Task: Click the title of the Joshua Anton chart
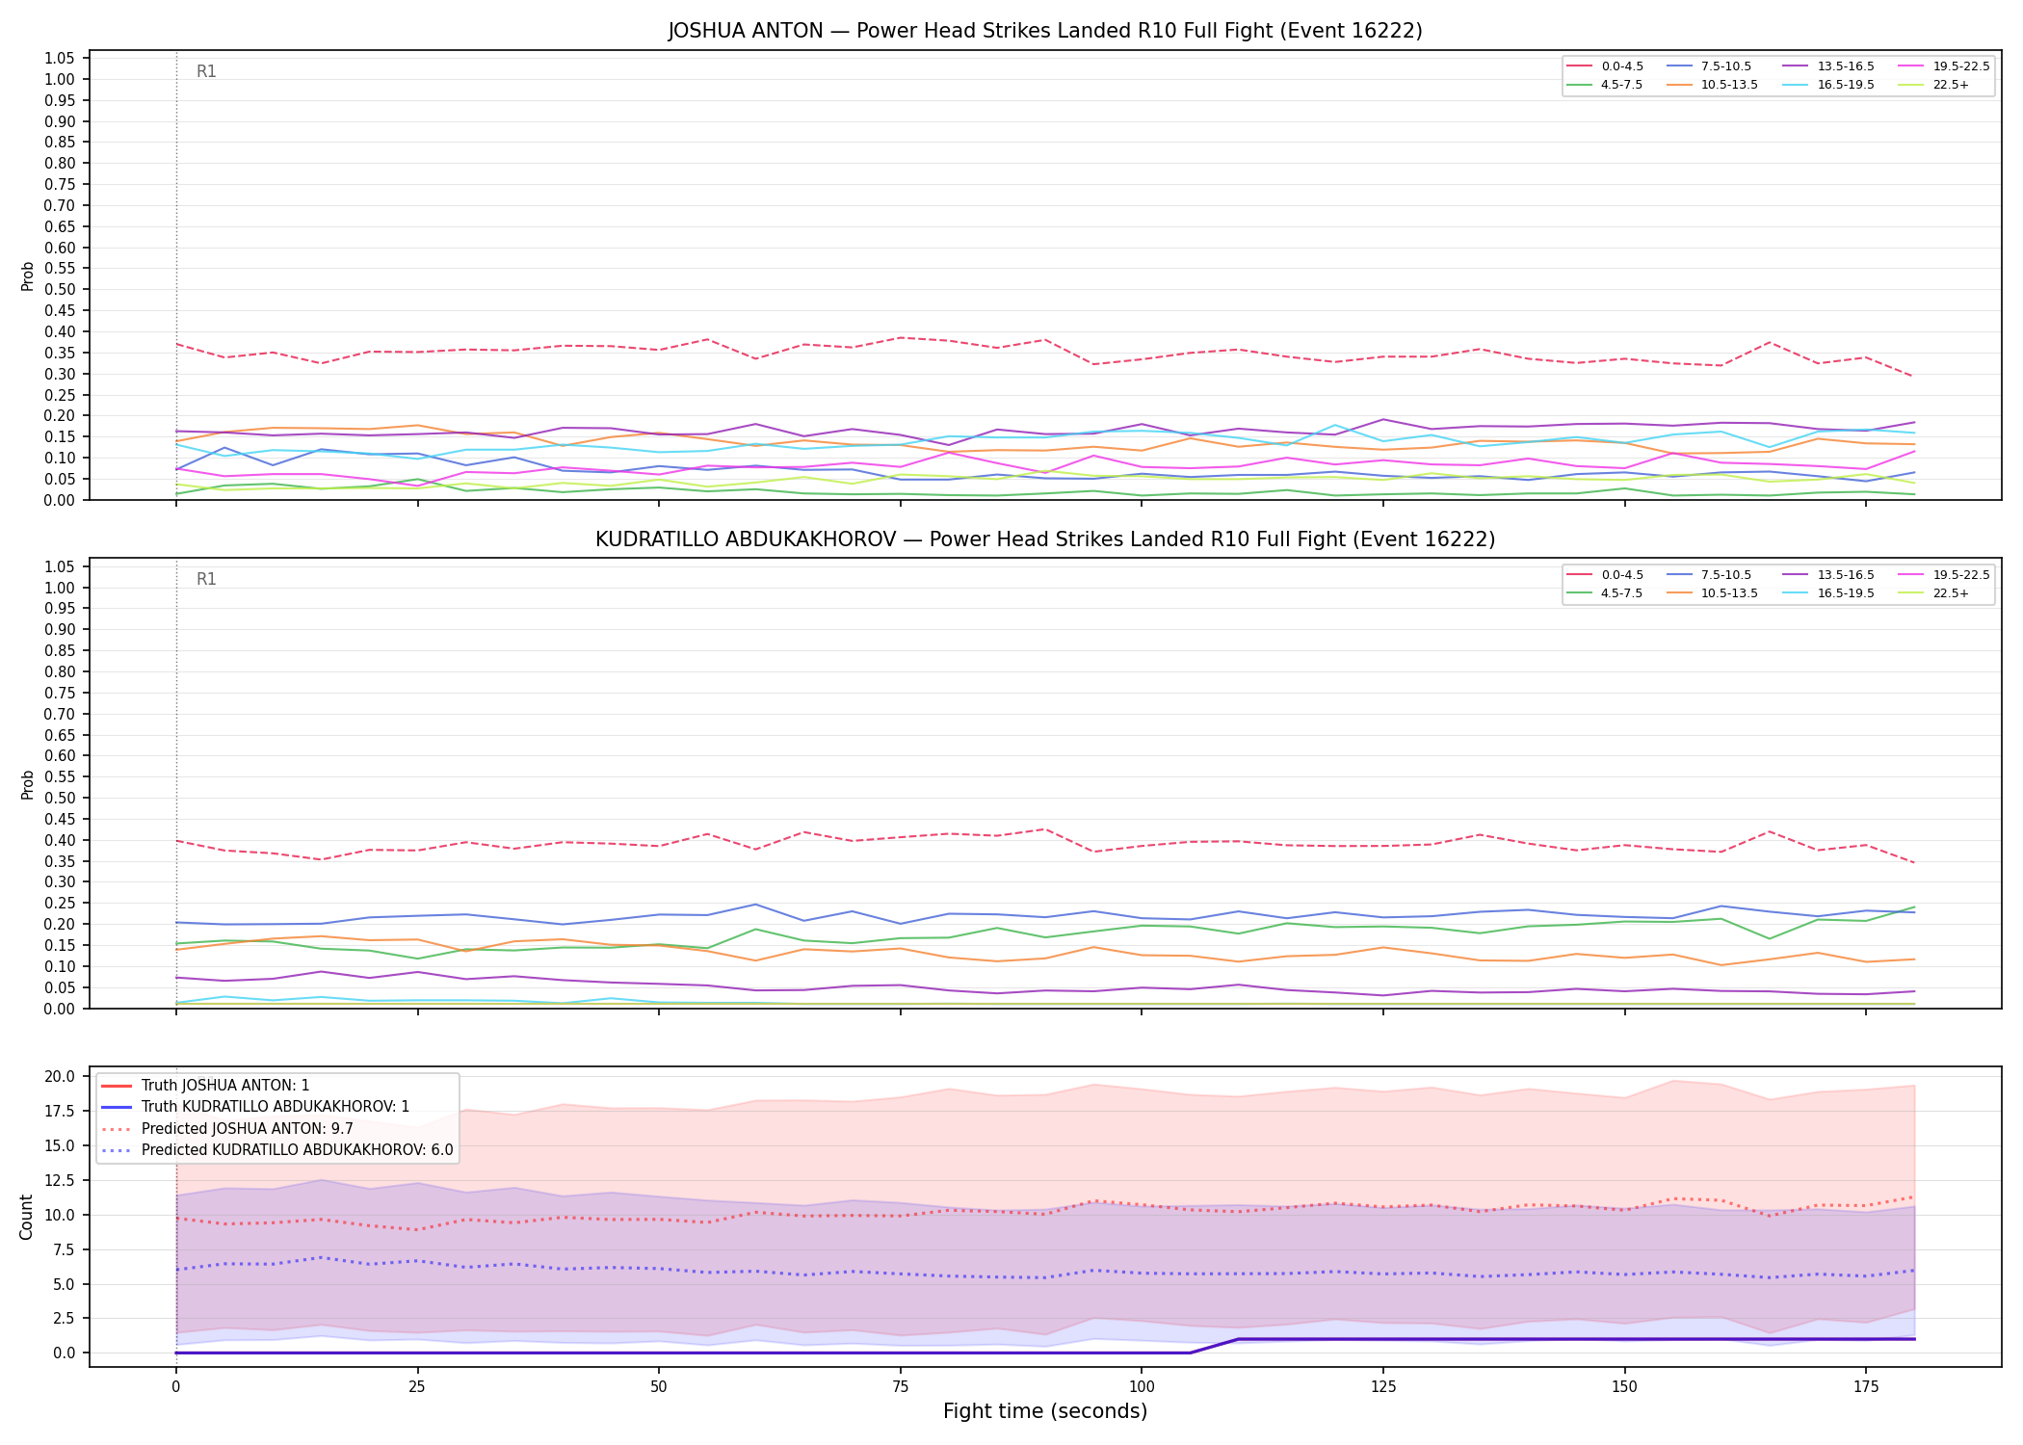[1045, 31]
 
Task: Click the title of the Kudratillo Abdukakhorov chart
[1045, 539]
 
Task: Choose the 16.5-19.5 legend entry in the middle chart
[1827, 593]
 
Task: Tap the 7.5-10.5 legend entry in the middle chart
[1709, 575]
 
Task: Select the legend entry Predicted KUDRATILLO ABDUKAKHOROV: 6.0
[276, 1150]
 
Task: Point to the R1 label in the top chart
[206, 71]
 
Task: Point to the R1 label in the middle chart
[206, 579]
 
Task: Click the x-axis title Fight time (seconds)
[1045, 1411]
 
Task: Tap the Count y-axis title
[26, 1217]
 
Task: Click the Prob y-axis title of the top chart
[28, 276]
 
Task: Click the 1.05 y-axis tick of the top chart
[60, 59]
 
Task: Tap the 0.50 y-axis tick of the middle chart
[60, 798]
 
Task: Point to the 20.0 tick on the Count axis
[62, 1076]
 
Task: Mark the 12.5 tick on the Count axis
[62, 1180]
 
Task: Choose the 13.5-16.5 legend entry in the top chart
[1827, 66]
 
